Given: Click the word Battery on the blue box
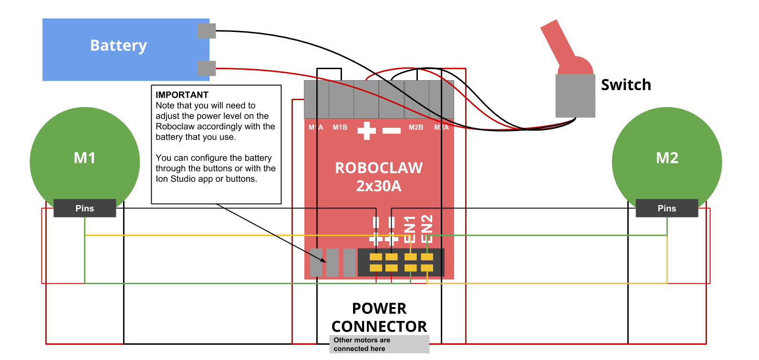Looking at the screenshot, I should (x=118, y=45).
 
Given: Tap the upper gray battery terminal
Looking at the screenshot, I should (x=207, y=31).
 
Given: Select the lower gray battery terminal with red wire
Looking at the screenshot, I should (x=207, y=68).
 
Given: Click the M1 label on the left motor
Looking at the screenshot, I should (x=84, y=158).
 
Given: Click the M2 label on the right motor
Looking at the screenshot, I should (x=667, y=158).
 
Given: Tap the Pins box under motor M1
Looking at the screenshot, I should (x=84, y=208).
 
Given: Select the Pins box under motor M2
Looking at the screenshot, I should (x=666, y=208).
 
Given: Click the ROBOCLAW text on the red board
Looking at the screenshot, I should (x=379, y=168).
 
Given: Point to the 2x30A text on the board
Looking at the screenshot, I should (x=379, y=186).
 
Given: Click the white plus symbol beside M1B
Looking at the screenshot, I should (x=366, y=130).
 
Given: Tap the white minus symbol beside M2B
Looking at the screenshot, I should (x=392, y=130).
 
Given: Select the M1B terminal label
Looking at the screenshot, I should (x=340, y=127).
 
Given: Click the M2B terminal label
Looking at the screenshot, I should (x=416, y=127).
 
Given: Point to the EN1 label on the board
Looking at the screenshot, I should (x=410, y=229).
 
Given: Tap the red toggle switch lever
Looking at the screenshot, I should (x=558, y=43).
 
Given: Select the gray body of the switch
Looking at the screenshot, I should (x=575, y=96).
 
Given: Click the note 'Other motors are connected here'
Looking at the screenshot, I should (x=379, y=344).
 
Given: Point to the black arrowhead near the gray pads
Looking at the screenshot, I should (x=323, y=260).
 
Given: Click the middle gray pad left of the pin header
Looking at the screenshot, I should (x=333, y=262).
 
